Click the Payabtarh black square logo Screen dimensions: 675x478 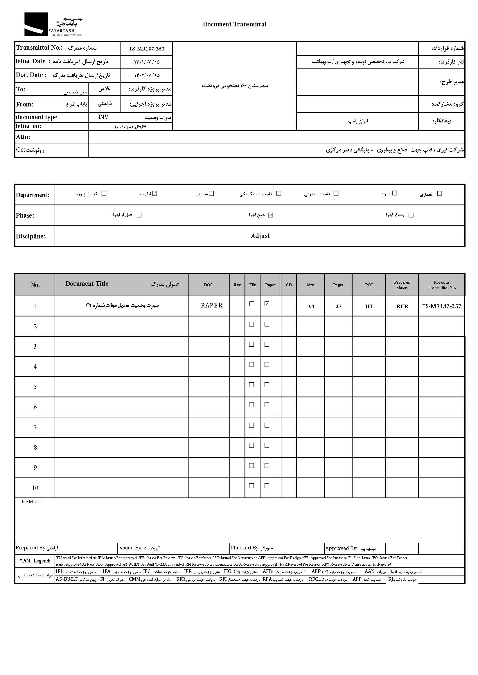(36, 24)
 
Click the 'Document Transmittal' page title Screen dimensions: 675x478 (234, 24)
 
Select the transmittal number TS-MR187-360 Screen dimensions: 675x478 (146, 49)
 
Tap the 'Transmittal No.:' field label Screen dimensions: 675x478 (39, 48)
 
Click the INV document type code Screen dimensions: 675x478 (103, 117)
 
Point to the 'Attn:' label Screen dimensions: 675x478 (23, 137)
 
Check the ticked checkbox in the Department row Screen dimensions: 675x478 (155, 193)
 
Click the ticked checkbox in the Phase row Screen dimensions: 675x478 (271, 215)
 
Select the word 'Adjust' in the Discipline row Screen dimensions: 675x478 (260, 236)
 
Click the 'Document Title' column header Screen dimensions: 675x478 (87, 284)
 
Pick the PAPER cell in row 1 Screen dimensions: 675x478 (212, 305)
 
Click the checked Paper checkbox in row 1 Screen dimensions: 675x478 (267, 304)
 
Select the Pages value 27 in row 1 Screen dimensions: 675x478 (339, 306)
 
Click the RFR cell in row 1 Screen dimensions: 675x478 (402, 306)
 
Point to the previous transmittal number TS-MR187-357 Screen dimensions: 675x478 (441, 306)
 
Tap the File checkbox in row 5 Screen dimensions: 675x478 (252, 385)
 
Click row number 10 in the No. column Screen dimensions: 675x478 (35, 488)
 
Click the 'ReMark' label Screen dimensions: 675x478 (31, 502)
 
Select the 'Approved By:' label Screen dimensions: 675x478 (341, 548)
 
